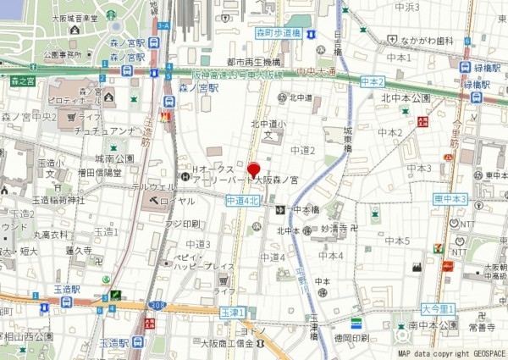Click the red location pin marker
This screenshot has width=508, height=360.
[x=252, y=168]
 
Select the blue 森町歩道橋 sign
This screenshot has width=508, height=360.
[x=278, y=34]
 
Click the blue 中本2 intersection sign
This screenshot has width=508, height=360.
[x=372, y=81]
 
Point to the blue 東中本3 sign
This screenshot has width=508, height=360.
[x=450, y=199]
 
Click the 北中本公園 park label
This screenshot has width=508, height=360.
[x=406, y=98]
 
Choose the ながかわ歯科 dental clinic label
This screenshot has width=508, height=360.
[x=424, y=39]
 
